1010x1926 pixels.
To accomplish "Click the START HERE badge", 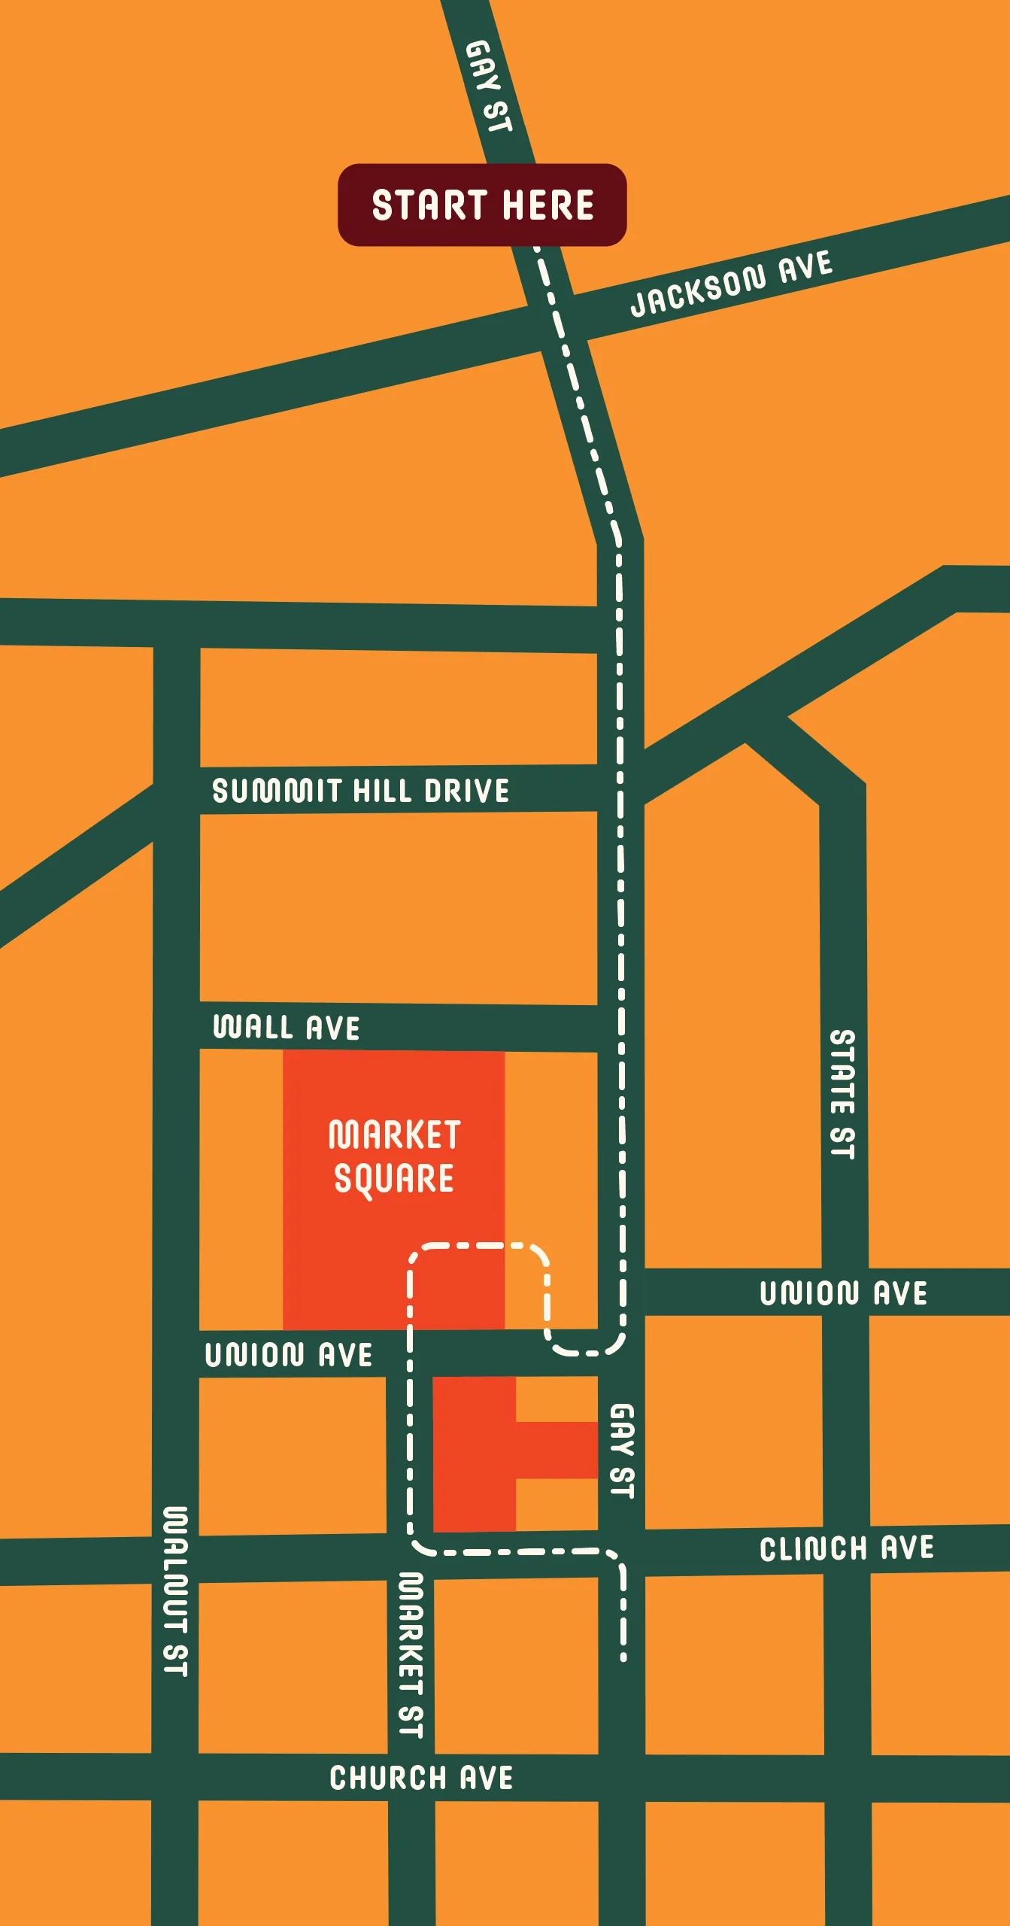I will pyautogui.click(x=482, y=205).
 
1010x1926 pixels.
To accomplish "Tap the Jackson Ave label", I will pyautogui.click(x=731, y=284).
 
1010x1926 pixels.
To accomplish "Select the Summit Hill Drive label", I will pyautogui.click(x=360, y=791).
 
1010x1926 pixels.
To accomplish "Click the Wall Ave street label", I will pyautogui.click(x=287, y=1028).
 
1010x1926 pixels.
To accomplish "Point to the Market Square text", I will pyautogui.click(x=394, y=1156).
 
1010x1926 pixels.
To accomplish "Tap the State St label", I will pyautogui.click(x=842, y=1094).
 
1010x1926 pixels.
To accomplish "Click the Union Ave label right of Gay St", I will pyautogui.click(x=843, y=1293).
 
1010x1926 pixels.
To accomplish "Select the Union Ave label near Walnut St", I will pyautogui.click(x=289, y=1355).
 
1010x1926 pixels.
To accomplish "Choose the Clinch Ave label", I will pyautogui.click(x=847, y=1549).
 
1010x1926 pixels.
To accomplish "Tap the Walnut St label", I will pyautogui.click(x=175, y=1592).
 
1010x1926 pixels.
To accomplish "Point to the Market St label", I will pyautogui.click(x=411, y=1655).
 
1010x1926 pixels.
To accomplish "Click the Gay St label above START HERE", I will pyautogui.click(x=489, y=87).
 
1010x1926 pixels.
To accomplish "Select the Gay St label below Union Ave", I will pyautogui.click(x=622, y=1451).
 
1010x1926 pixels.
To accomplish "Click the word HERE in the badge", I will pyautogui.click(x=548, y=205).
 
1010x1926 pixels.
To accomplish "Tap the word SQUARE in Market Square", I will pyautogui.click(x=394, y=1178).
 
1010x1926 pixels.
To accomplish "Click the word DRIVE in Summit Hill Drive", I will pyautogui.click(x=467, y=791).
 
